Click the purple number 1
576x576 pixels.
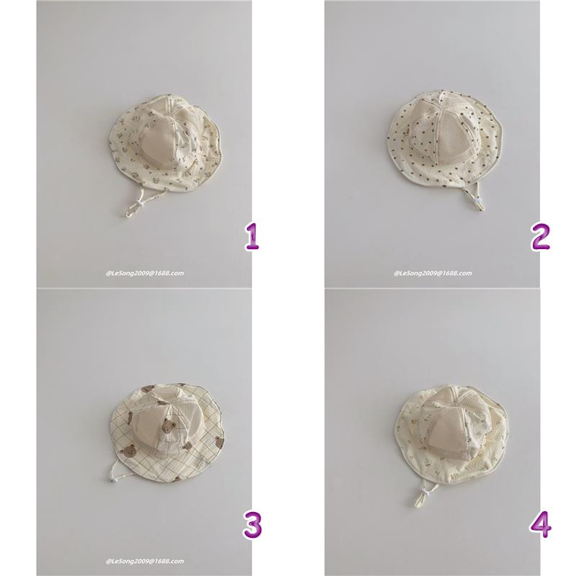click(253, 238)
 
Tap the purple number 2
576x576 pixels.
click(541, 238)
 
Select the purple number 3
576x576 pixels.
click(253, 526)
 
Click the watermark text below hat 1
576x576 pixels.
click(145, 274)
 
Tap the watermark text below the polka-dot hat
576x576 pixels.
click(433, 274)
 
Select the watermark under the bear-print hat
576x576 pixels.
click(145, 562)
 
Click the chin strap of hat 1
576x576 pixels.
click(135, 203)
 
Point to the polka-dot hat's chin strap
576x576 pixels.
click(477, 197)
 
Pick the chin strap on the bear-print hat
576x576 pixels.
click(113, 470)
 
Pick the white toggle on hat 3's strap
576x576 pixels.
click(111, 479)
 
